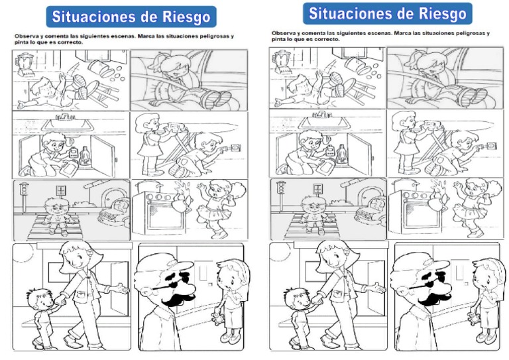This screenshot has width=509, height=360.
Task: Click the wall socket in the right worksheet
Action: (x=492, y=143)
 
